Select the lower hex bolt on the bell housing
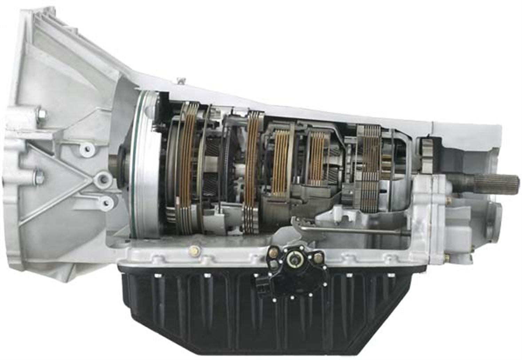[39, 177]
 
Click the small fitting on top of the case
[180, 82]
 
